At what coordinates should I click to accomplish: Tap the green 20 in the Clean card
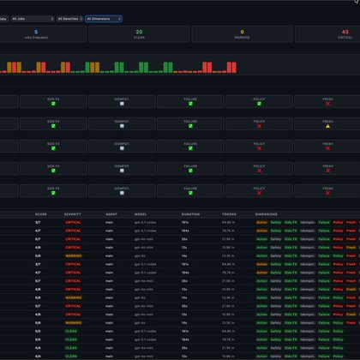[139, 32]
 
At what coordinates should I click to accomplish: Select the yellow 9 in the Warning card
[243, 32]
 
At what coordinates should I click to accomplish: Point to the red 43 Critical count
[345, 32]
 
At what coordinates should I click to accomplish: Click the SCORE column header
[41, 214]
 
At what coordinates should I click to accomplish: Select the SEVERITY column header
[73, 214]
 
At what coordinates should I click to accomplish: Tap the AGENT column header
[111, 214]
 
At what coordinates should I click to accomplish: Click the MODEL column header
[141, 214]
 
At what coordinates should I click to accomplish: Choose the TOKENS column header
[229, 214]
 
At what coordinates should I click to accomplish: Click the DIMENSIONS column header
[267, 214]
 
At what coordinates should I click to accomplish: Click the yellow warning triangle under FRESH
[327, 126]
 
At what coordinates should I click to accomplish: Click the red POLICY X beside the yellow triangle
[259, 126]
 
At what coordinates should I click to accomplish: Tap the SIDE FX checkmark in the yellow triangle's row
[53, 126]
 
